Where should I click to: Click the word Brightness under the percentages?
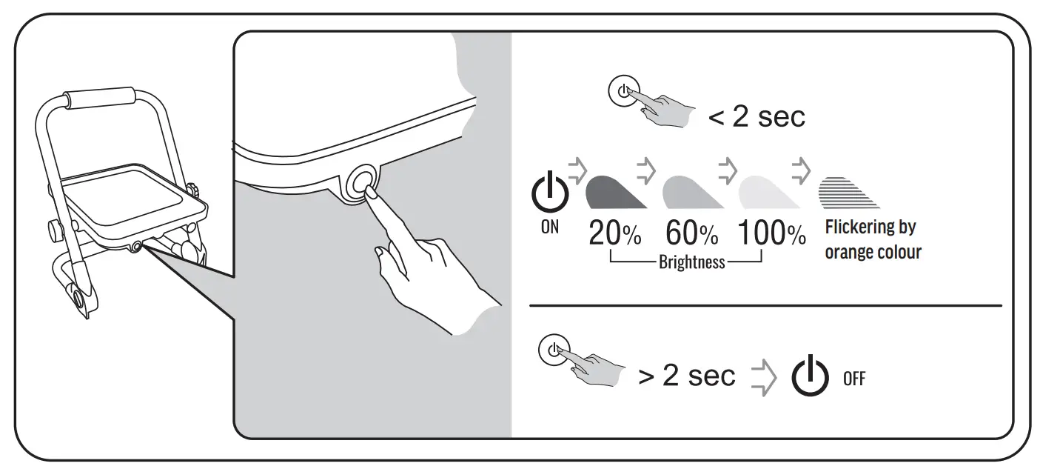[x=691, y=262]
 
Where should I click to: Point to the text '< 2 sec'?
[x=756, y=117]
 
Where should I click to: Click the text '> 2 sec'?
[x=686, y=376]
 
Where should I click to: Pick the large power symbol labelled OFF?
[x=810, y=376]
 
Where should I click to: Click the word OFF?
[x=853, y=379]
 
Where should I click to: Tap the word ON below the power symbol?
[x=550, y=227]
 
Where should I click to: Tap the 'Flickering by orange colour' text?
[x=873, y=239]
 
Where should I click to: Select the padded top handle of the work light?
[x=99, y=98]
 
